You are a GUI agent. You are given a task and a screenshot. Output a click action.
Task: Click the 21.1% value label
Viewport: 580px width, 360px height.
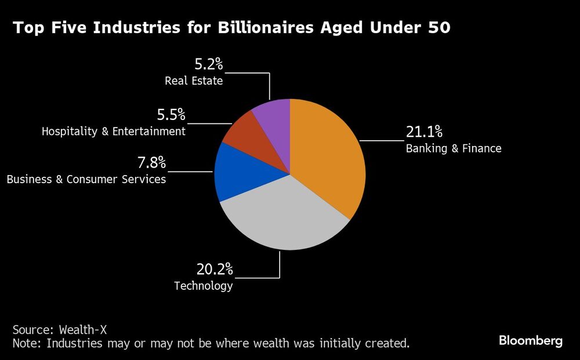tap(424, 132)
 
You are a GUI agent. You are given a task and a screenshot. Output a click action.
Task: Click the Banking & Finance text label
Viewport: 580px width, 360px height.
tap(453, 148)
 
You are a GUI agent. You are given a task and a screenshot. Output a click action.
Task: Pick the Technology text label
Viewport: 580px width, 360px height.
tap(204, 286)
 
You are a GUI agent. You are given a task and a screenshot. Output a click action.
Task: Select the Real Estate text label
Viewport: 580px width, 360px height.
tap(194, 81)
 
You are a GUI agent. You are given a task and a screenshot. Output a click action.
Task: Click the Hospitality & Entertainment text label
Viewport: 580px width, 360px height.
tap(114, 132)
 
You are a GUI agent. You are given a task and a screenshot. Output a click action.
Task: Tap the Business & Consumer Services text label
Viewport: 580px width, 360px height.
tap(86, 179)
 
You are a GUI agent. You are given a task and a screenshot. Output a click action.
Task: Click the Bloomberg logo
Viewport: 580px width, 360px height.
tap(530, 341)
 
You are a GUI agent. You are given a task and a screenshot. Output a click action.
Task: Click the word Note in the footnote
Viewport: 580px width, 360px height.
tap(27, 343)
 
